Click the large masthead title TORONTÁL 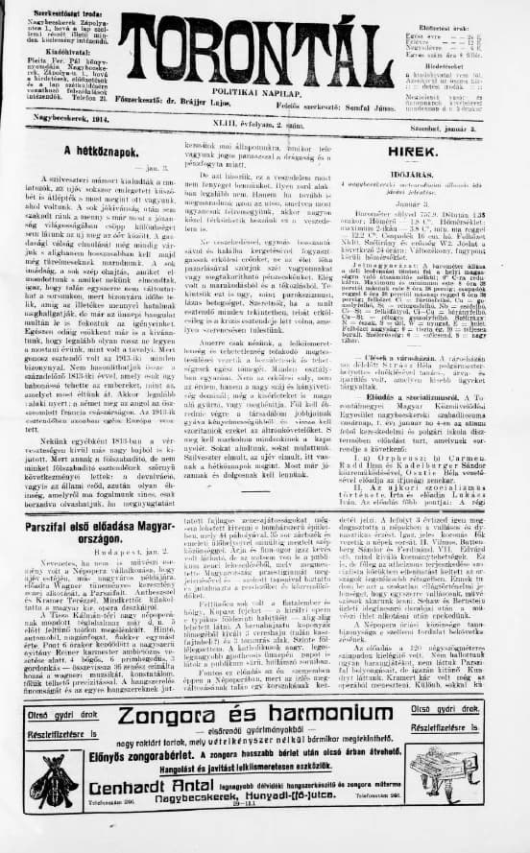pyautogui.click(x=265, y=43)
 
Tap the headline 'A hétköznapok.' pyautogui.click(x=97, y=151)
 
